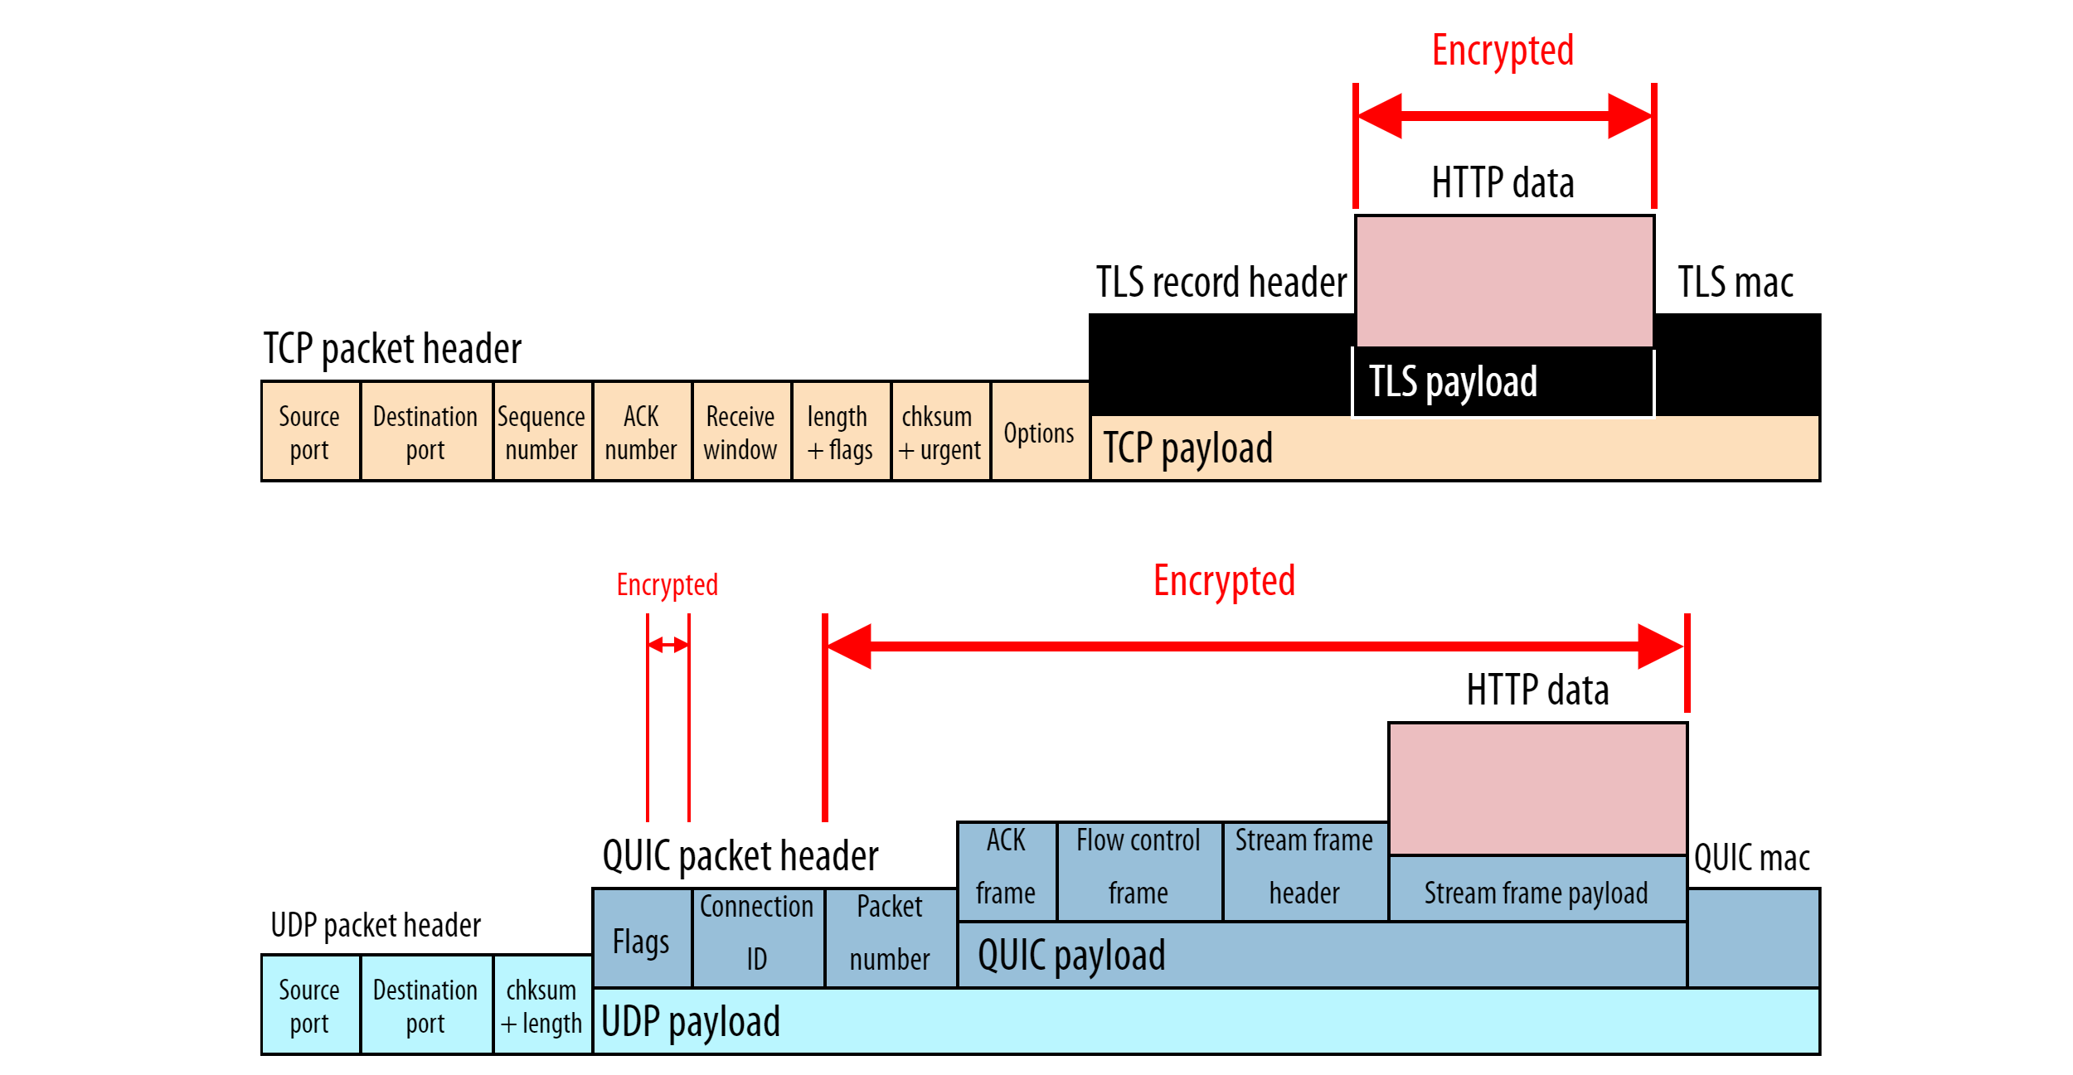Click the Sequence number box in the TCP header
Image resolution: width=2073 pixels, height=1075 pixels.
(x=542, y=432)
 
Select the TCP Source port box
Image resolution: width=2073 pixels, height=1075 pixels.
(x=310, y=432)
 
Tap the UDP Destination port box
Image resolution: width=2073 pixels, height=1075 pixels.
(x=426, y=1005)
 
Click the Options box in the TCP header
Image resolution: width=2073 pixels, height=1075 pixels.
(x=1039, y=432)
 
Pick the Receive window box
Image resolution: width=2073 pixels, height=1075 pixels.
(x=740, y=432)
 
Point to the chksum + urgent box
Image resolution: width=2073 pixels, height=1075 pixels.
(x=939, y=432)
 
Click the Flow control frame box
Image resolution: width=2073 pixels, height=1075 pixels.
(x=1138, y=869)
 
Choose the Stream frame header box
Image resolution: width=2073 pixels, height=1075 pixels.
(x=1304, y=869)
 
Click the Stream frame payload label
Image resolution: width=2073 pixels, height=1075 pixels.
(x=1536, y=892)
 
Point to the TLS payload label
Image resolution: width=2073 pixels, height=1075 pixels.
(x=1453, y=381)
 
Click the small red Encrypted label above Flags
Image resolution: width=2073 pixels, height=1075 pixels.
(x=667, y=584)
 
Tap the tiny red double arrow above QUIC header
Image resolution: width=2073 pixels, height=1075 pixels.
(x=668, y=644)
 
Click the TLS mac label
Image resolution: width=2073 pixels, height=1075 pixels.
(x=1736, y=282)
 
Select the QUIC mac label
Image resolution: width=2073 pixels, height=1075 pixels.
(x=1751, y=857)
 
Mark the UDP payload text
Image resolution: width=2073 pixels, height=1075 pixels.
(x=690, y=1021)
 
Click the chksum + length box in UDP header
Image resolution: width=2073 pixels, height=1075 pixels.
(x=542, y=1005)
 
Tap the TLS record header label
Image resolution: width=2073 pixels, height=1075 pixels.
(x=1221, y=282)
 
